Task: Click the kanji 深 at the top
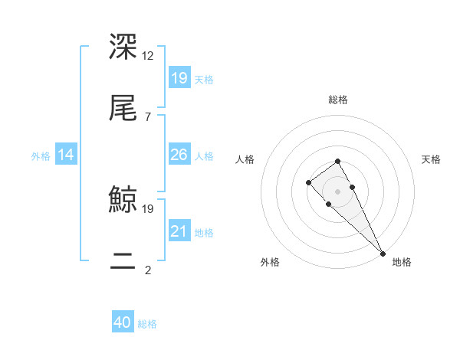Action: [123, 46]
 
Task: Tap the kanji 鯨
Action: [123, 200]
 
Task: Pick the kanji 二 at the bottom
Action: [123, 260]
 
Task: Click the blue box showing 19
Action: [179, 78]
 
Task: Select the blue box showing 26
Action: [179, 155]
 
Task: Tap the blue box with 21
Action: [179, 231]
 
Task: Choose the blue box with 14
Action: [66, 155]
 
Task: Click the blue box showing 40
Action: [123, 323]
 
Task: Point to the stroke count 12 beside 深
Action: [149, 55]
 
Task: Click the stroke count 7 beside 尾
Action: [147, 116]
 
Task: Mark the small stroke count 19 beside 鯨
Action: [149, 208]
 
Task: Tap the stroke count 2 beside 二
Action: [147, 270]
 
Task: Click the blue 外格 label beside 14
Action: [41, 155]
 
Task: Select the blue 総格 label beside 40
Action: [147, 324]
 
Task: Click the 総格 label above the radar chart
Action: [338, 100]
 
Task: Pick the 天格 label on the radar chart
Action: [432, 159]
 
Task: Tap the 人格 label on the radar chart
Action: [245, 159]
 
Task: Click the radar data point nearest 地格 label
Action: [383, 254]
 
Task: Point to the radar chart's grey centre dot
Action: [337, 191]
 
